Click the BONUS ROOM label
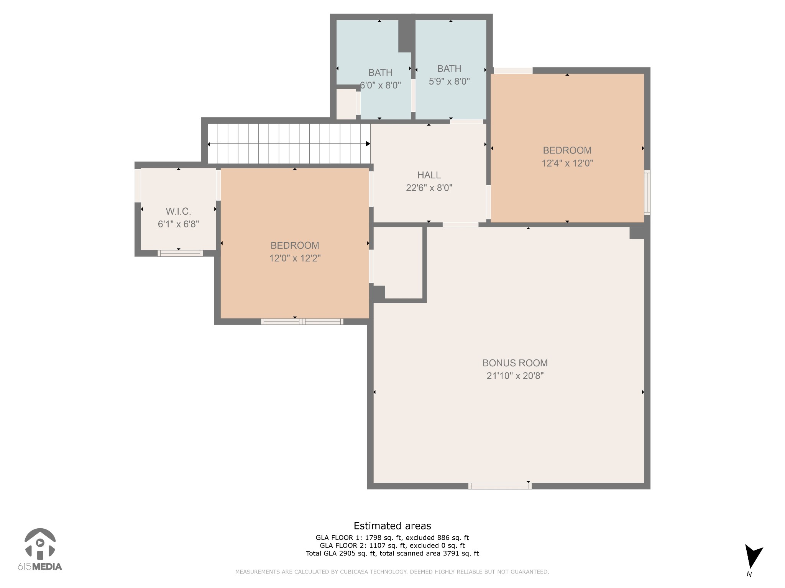coord(515,363)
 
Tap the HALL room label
coord(429,175)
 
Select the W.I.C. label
coord(178,211)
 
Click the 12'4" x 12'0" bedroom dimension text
coord(567,163)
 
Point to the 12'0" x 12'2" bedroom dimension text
coord(295,258)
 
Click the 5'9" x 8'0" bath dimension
coord(449,82)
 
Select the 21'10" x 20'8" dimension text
coord(515,376)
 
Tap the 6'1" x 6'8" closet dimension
coord(178,224)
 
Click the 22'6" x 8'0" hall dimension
coord(429,188)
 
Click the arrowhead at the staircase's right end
coord(368,144)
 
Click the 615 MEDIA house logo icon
coord(40,544)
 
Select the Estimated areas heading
coord(392,526)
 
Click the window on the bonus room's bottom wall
coord(499,486)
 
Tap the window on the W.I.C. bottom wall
coord(180,253)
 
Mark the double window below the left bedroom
coord(302,322)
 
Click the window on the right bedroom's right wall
coord(647,193)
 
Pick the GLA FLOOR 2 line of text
coord(392,546)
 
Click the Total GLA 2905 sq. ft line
coord(392,553)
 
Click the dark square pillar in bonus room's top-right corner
coord(637,233)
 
